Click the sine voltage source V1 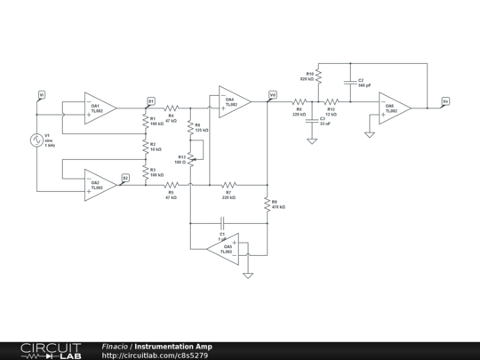[x=37, y=139]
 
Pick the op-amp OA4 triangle [x=234, y=102]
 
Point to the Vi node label [x=41, y=93]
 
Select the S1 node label [x=151, y=100]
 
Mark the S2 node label [x=125, y=178]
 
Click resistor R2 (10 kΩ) [x=145, y=146]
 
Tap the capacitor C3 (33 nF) [x=312, y=121]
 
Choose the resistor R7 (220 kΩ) [x=228, y=184]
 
